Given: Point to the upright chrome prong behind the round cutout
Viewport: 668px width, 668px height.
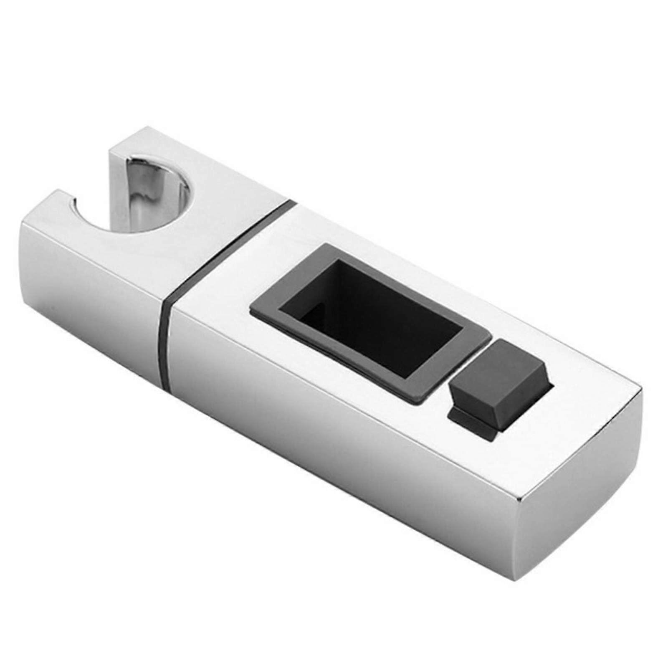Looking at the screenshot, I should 119,175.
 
